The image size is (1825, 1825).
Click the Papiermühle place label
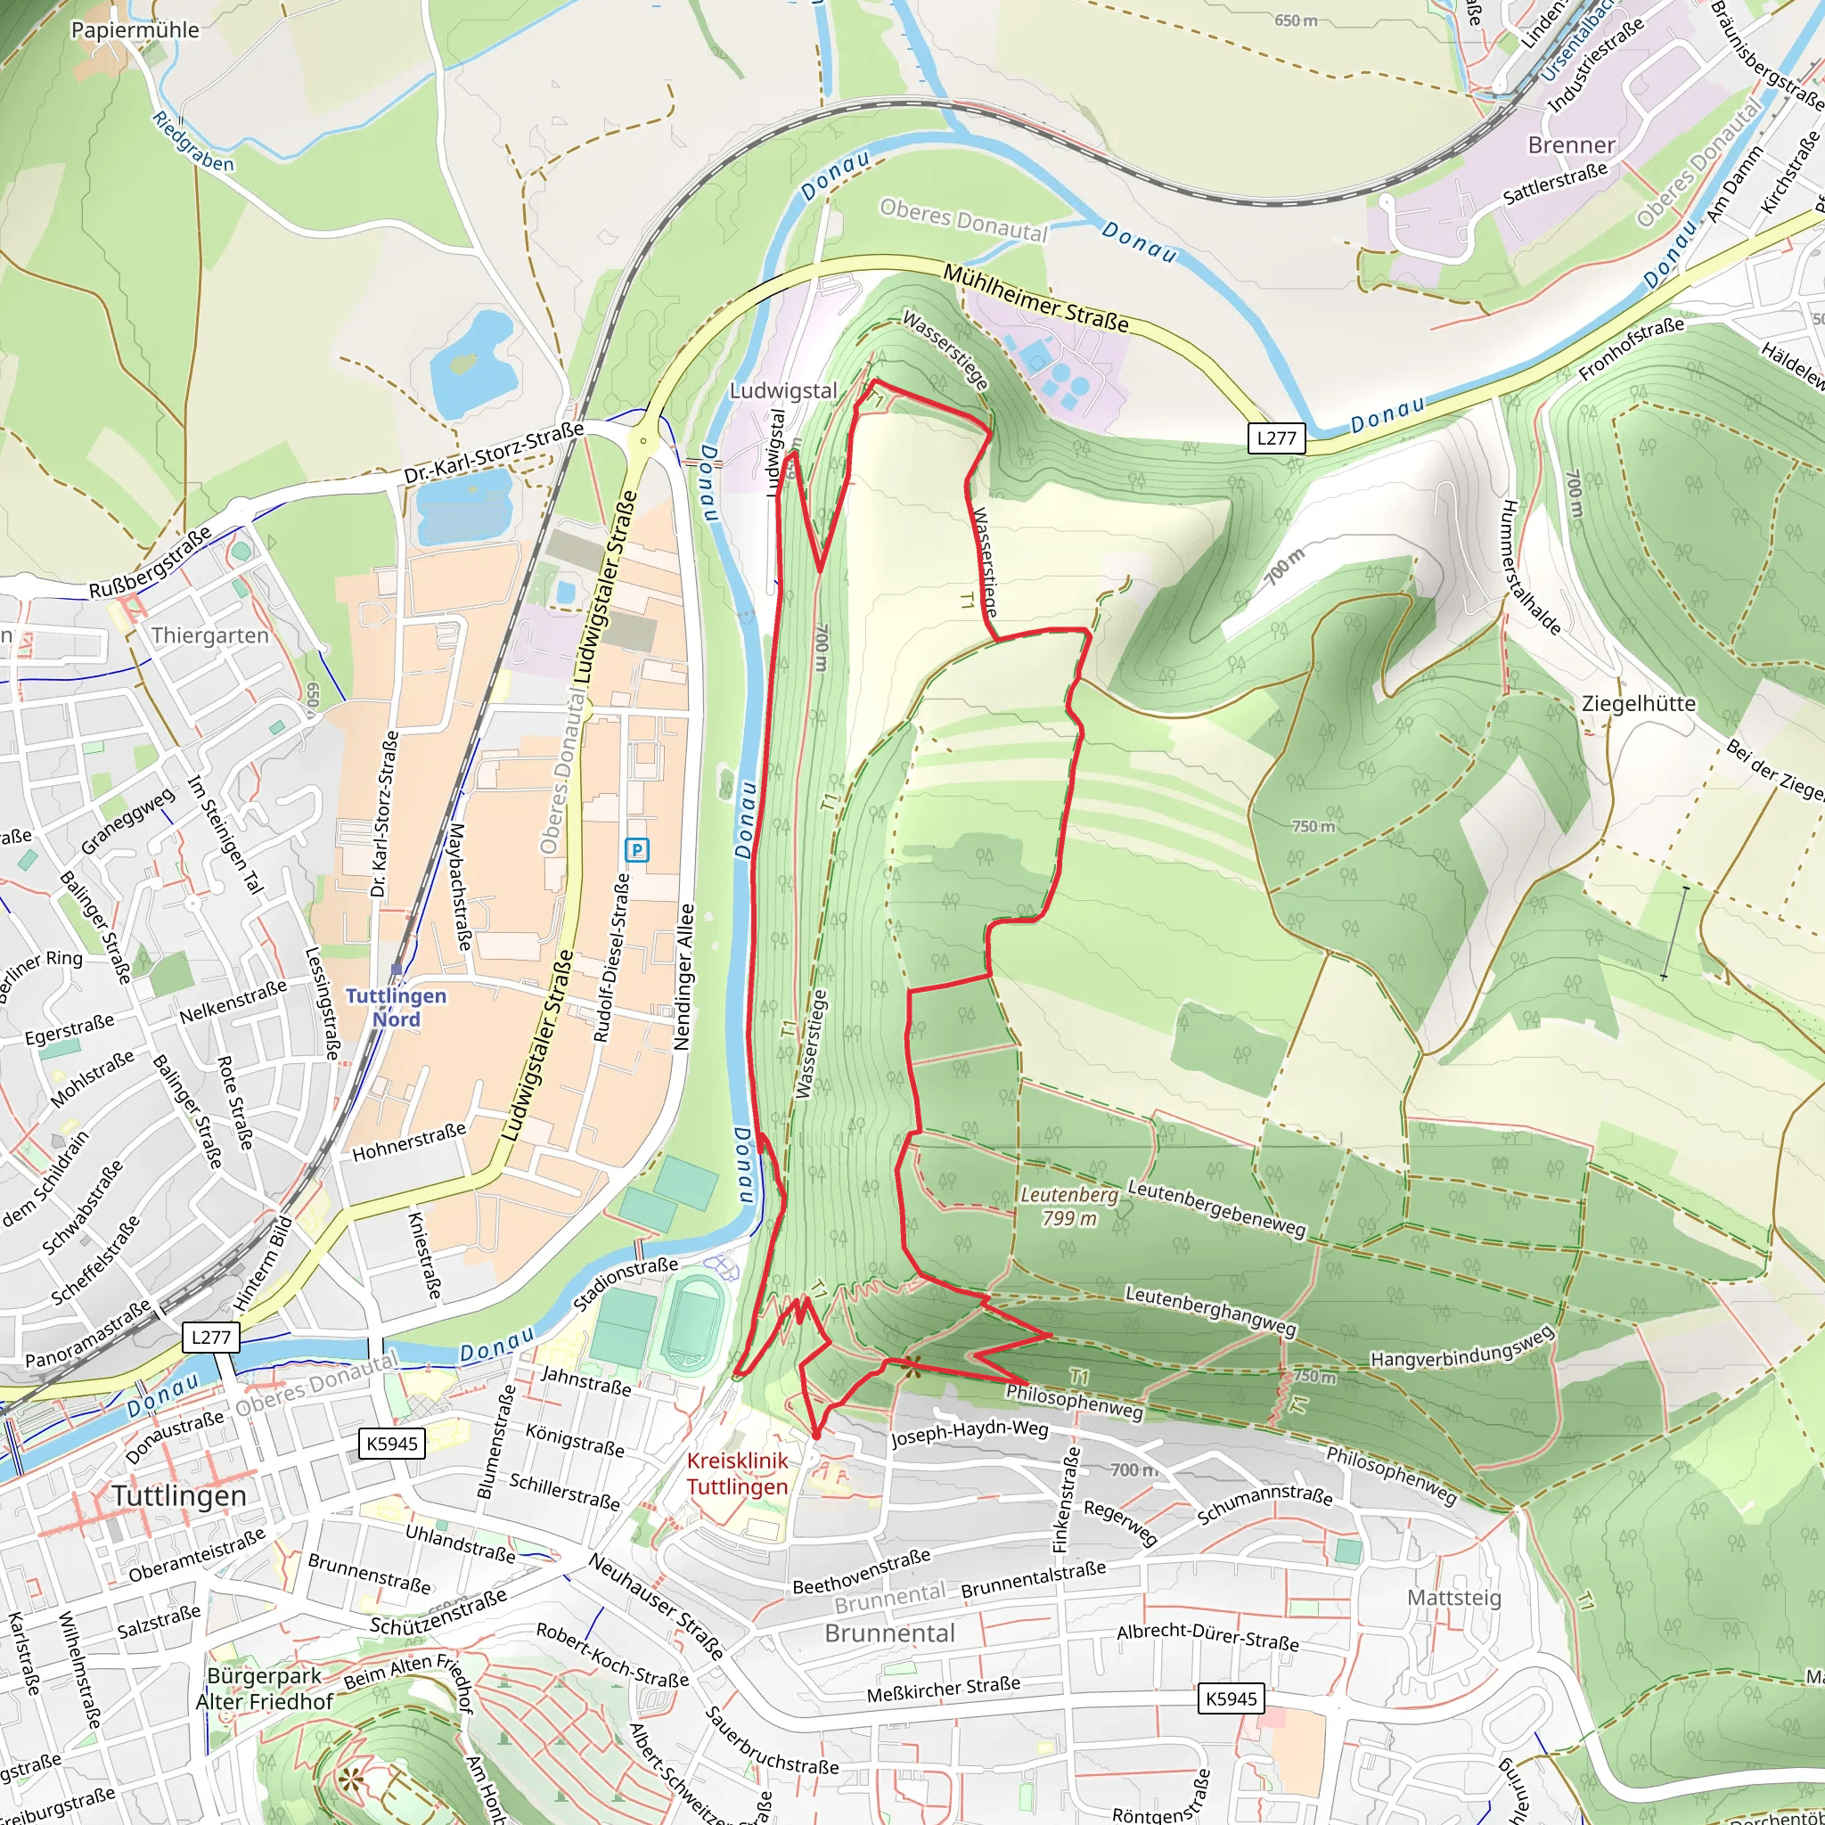135,29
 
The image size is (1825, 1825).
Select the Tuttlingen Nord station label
396,1007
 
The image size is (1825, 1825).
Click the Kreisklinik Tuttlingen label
737,1474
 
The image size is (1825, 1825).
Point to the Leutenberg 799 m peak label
1069,1207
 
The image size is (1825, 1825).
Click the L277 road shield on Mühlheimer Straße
1276,438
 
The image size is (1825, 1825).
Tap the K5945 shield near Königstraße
392,1444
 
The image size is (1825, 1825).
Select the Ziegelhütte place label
1639,704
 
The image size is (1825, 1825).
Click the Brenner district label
1572,144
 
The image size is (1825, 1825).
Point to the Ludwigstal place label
783,390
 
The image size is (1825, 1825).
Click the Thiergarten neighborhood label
209,634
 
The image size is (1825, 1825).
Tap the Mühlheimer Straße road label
1035,299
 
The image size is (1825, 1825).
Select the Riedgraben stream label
192,143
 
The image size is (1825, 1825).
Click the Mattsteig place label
1453,1598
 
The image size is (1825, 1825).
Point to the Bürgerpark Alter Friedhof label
265,1688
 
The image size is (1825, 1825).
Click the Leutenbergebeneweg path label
1216,1208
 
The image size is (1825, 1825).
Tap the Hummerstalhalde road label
1529,566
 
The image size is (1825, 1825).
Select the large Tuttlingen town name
179,1495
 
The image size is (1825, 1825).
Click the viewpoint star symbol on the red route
911,1364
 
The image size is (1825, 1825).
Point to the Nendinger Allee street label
683,978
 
